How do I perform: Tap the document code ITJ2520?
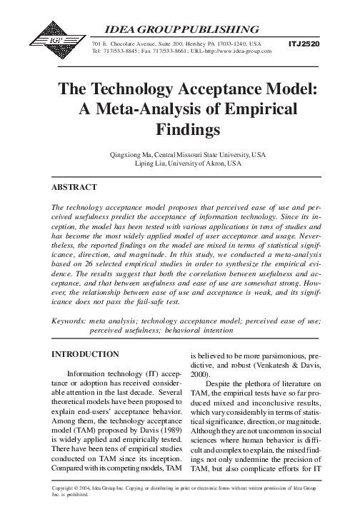click(304, 44)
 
